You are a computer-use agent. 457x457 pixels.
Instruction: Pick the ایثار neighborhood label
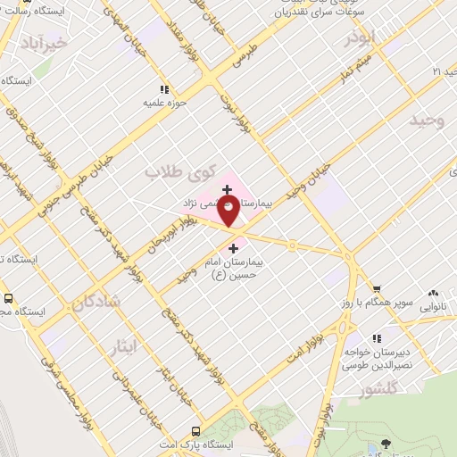124,345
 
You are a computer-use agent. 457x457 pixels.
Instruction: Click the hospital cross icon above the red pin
228,189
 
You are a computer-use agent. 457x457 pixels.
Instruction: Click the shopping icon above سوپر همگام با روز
378,288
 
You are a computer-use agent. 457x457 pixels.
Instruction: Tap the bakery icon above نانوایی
435,292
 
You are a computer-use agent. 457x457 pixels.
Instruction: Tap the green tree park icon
386,443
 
